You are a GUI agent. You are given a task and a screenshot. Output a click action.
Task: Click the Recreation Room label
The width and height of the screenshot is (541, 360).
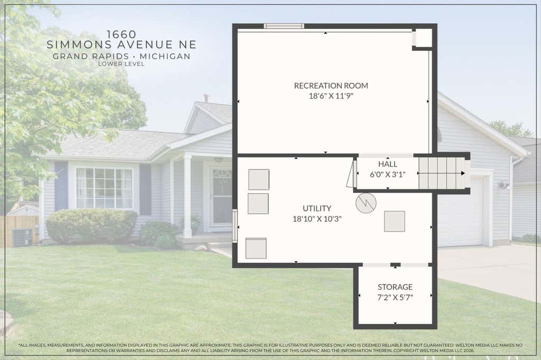[331, 86]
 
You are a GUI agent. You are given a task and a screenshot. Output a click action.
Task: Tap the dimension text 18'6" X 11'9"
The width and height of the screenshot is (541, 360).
[331, 96]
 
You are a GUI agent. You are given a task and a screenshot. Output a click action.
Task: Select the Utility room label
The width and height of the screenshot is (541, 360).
[317, 209]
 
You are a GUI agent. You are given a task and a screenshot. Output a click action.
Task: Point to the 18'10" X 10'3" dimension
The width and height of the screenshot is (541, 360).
[317, 219]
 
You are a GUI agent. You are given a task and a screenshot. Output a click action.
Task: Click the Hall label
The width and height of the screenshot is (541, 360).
[387, 164]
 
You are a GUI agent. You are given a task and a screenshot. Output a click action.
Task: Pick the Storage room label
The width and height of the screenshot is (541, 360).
[395, 287]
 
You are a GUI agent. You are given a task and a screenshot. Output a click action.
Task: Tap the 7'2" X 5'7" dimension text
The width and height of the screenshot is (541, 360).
[395, 297]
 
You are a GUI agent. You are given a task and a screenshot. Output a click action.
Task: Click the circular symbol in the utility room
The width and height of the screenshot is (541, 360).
[366, 203]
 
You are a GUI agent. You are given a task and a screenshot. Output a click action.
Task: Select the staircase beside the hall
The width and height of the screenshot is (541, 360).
[444, 173]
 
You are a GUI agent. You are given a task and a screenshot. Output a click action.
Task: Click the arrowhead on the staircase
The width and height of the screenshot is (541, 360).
[463, 173]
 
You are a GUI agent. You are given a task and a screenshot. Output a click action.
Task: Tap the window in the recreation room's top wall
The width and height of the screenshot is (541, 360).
[284, 26]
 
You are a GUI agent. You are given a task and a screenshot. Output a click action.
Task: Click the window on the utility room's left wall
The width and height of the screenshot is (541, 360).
[235, 226]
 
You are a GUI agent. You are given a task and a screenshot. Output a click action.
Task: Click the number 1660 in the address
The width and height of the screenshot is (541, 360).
[121, 34]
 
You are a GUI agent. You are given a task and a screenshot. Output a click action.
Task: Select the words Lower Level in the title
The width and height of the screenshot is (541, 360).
[121, 64]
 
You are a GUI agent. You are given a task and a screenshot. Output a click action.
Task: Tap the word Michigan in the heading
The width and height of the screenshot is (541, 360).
[165, 56]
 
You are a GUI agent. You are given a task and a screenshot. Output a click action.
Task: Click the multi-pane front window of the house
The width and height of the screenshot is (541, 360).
[104, 188]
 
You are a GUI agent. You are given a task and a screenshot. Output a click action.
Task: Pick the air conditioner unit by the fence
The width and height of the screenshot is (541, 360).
[22, 237]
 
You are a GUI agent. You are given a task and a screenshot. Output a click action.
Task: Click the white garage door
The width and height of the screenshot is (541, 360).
[460, 211]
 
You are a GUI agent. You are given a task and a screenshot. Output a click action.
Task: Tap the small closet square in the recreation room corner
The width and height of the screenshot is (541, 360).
[422, 38]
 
